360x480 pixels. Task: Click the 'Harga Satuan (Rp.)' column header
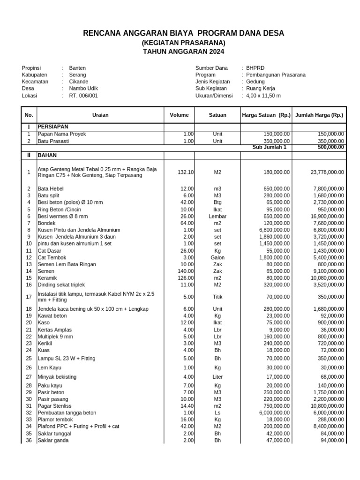click(266, 115)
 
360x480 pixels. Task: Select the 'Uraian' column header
click(100, 115)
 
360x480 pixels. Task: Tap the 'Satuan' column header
click(217, 115)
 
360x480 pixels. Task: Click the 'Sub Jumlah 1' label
click(269, 147)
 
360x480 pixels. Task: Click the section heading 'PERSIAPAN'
click(53, 127)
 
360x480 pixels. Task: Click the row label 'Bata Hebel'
click(51, 188)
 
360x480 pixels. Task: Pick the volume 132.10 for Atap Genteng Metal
click(186, 172)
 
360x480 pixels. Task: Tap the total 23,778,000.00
click(327, 172)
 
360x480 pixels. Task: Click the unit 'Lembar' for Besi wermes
click(217, 217)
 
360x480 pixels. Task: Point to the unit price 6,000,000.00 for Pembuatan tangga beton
click(272, 412)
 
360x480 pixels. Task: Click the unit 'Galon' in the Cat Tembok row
click(217, 258)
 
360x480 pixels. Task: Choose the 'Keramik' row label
click(47, 278)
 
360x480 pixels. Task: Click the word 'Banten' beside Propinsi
click(77, 68)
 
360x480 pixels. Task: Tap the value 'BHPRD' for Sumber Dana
click(255, 68)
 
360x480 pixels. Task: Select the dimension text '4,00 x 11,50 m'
click(263, 96)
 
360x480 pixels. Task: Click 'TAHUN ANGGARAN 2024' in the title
click(183, 52)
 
